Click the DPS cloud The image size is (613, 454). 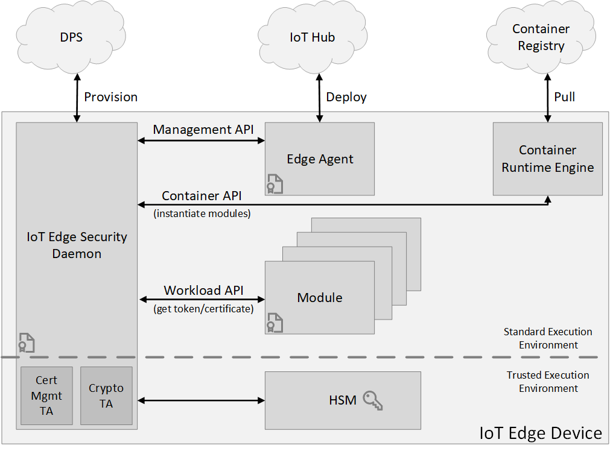click(x=71, y=38)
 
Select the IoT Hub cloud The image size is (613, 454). click(x=312, y=38)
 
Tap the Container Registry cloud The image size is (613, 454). click(x=541, y=38)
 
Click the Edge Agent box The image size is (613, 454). click(x=320, y=159)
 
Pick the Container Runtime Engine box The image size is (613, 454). click(x=547, y=159)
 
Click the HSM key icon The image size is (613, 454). click(x=373, y=400)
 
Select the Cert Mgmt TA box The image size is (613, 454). click(x=46, y=396)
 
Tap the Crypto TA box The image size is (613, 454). click(x=106, y=396)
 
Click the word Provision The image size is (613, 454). click(x=110, y=97)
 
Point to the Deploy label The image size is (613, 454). click(x=346, y=97)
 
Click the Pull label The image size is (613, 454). click(x=564, y=97)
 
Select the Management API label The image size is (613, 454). click(x=203, y=130)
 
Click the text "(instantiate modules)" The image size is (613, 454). click(x=202, y=213)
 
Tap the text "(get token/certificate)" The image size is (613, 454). click(x=203, y=309)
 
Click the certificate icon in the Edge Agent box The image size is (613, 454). click(x=275, y=183)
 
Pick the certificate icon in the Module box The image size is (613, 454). click(x=275, y=323)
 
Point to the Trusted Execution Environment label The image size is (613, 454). click(x=548, y=382)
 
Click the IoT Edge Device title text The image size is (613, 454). click(x=541, y=433)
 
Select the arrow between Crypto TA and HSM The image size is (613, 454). click(x=202, y=400)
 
